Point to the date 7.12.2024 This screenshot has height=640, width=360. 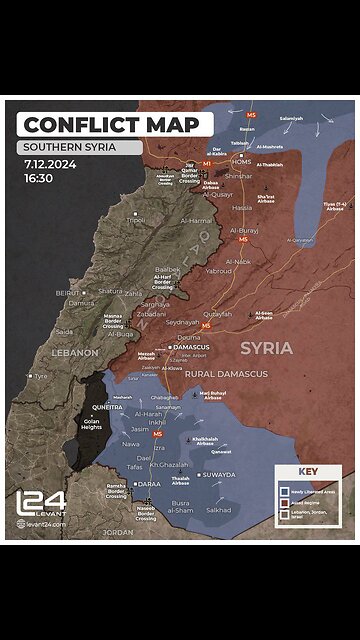click(x=51, y=163)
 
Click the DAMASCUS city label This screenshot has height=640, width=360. click(x=190, y=347)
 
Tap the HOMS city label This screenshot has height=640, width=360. click(x=242, y=161)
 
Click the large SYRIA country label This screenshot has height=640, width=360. click(x=266, y=348)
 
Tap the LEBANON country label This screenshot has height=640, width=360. click(x=76, y=353)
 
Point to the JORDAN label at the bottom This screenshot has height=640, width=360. click(x=118, y=533)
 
